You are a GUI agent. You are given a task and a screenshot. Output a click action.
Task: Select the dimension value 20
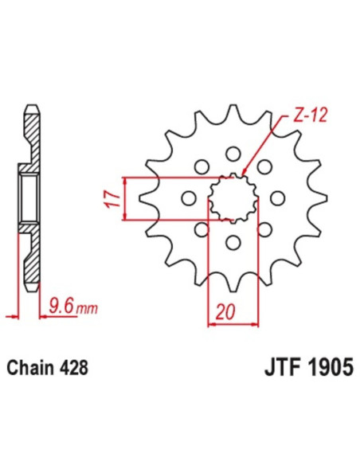(x=231, y=313)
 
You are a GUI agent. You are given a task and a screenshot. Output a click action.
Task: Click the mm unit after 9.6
(x=84, y=305)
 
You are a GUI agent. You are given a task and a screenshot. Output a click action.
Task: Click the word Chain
(x=30, y=369)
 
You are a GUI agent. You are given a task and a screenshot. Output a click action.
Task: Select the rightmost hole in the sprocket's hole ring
(x=278, y=197)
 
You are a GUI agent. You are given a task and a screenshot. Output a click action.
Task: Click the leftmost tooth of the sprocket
(x=147, y=197)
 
